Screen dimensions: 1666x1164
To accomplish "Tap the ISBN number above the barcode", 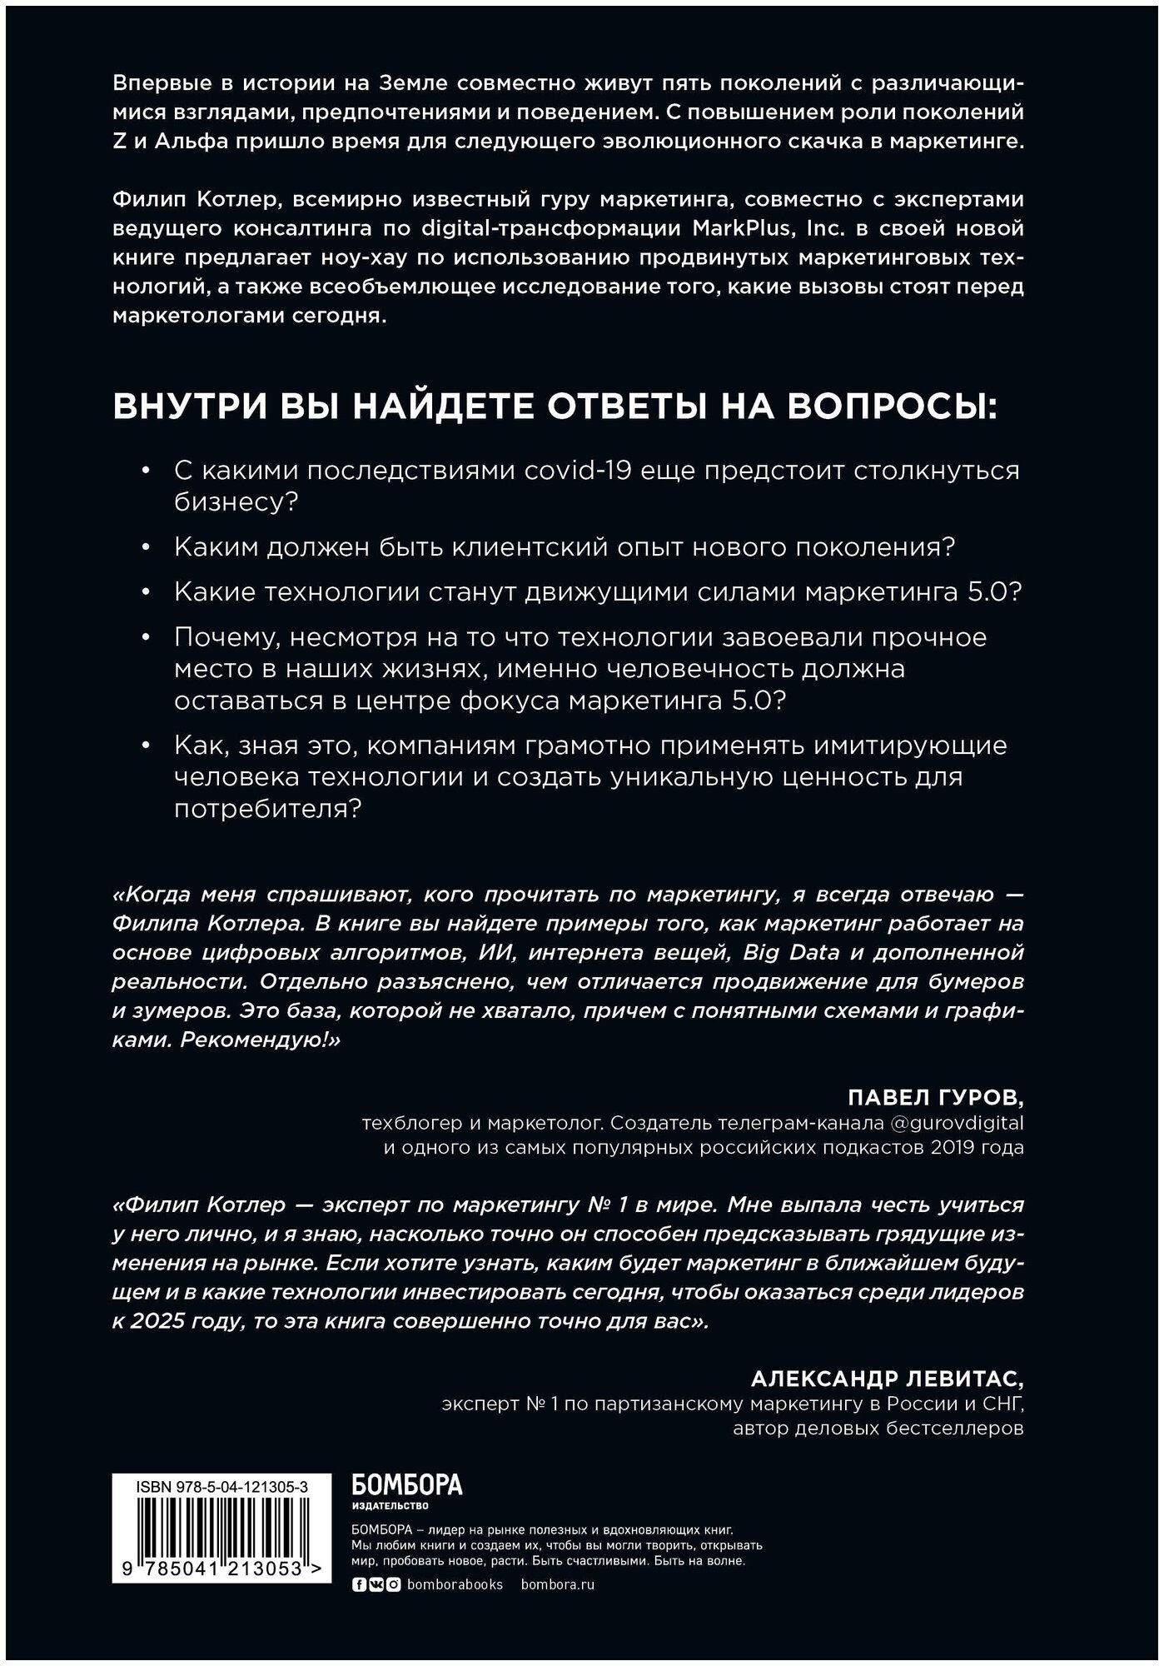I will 221,1485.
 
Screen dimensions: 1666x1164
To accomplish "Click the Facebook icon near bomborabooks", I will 359,1584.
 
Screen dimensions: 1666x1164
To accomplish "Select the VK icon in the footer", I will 375,1584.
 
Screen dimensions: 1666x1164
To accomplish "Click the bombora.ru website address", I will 557,1584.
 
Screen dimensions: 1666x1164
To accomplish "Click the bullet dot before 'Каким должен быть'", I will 147,548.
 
